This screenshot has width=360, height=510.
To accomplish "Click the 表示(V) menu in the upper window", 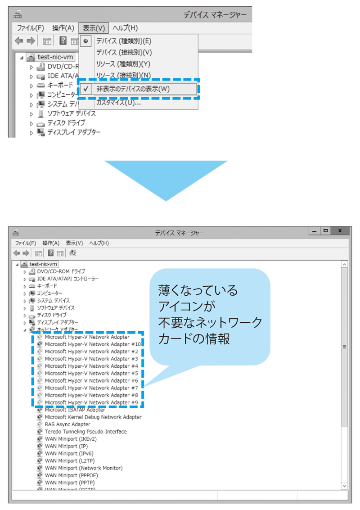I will (x=94, y=28).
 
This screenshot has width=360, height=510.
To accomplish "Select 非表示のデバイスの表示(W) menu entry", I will (x=133, y=89).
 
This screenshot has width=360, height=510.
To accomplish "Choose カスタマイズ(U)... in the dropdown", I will (x=118, y=103).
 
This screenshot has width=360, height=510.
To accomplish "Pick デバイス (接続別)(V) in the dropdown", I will (x=124, y=53).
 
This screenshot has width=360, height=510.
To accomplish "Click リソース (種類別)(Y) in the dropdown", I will (x=123, y=64).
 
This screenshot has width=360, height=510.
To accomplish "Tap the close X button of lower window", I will (x=340, y=231).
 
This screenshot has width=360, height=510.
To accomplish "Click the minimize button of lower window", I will (x=314, y=231).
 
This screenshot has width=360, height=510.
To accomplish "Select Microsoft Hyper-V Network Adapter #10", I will (x=93, y=344).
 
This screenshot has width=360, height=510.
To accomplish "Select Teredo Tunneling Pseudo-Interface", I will (x=85, y=432).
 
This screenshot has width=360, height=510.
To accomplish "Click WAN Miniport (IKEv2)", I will (x=71, y=439).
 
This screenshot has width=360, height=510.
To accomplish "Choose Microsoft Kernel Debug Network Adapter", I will (x=93, y=417).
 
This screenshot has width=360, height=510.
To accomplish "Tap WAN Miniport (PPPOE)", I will (x=71, y=475).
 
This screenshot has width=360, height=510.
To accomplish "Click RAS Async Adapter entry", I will (x=67, y=424).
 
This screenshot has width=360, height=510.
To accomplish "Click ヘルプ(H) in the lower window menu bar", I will (x=99, y=243).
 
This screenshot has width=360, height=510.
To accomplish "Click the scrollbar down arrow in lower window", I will (x=345, y=486).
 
